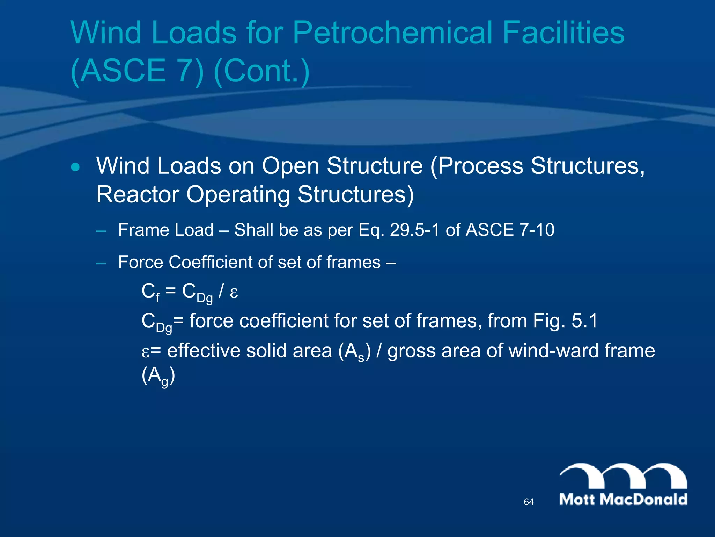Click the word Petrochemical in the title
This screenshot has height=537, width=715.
click(x=392, y=33)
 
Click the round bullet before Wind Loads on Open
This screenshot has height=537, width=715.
click(x=75, y=167)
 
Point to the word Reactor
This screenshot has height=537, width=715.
click(x=138, y=194)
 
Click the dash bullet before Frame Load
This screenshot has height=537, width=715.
click(x=101, y=231)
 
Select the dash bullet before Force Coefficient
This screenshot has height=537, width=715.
click(x=101, y=263)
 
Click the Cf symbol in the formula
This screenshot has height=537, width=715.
click(x=150, y=292)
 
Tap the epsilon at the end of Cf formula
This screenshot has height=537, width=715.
click(x=234, y=292)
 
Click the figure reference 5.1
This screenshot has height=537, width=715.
click(x=584, y=321)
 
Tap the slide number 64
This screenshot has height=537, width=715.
click(x=529, y=502)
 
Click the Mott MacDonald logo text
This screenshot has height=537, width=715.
click(x=623, y=499)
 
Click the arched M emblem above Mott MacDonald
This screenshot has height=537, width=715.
click(x=623, y=475)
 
